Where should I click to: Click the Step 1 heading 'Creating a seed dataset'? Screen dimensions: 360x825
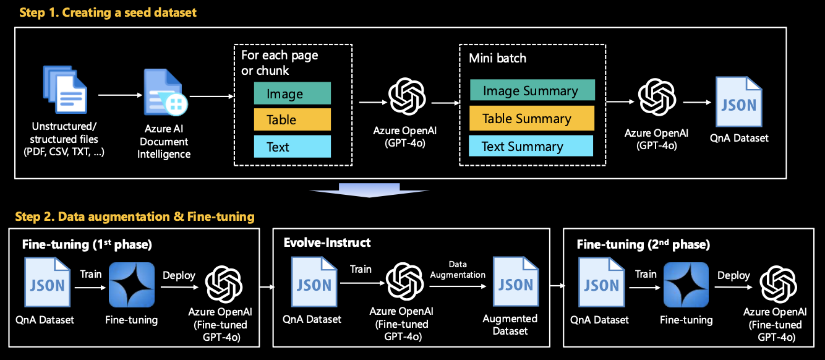[x=108, y=12]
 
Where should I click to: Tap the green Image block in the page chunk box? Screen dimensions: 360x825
[x=292, y=93]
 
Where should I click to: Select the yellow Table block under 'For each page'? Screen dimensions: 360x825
[x=292, y=120]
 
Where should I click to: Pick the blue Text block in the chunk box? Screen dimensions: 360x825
[x=292, y=147]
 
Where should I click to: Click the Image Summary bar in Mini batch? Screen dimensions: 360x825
[x=532, y=90]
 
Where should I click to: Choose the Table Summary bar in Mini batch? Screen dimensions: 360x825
[x=531, y=118]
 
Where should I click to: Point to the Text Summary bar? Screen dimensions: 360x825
[x=531, y=146]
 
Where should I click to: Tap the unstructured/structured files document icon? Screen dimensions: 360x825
[x=66, y=93]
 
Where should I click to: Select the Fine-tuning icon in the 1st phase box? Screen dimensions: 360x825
[x=131, y=285]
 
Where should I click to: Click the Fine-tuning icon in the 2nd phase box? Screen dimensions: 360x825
[x=686, y=285]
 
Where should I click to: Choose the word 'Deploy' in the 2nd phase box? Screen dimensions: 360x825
[x=733, y=275]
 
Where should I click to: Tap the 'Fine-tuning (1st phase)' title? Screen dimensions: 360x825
[x=87, y=244]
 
